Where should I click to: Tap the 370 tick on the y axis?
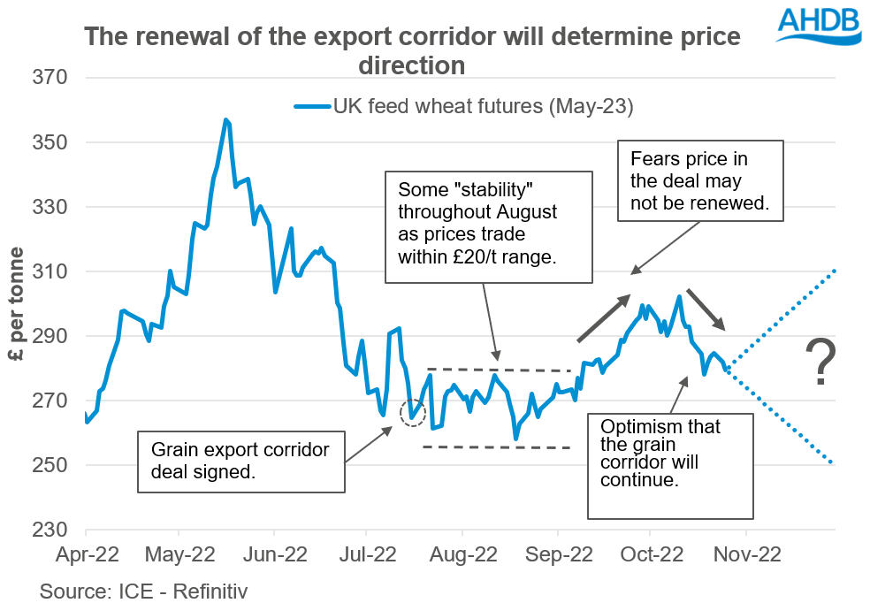(x=50, y=78)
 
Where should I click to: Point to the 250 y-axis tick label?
(x=50, y=465)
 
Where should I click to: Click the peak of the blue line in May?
(x=226, y=120)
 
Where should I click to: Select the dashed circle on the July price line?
(x=413, y=412)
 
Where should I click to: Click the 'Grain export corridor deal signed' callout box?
(x=240, y=461)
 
